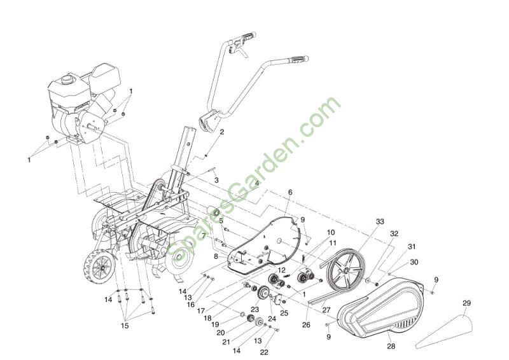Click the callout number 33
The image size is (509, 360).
tap(380, 221)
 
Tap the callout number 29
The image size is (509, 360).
tap(466, 303)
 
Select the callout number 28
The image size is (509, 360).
tap(391, 347)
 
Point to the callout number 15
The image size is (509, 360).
tap(125, 326)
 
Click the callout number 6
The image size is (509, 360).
tap(290, 193)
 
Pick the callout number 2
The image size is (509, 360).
tap(221, 132)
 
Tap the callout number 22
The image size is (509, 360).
tap(264, 352)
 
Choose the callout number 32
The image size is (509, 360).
tap(394, 233)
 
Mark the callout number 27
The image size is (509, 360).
tap(326, 310)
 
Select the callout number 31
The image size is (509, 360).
tap(412, 247)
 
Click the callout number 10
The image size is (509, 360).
tap(331, 232)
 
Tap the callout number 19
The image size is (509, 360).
tap(215, 324)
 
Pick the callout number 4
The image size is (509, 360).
tap(257, 183)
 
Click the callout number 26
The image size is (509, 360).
tap(306, 324)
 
